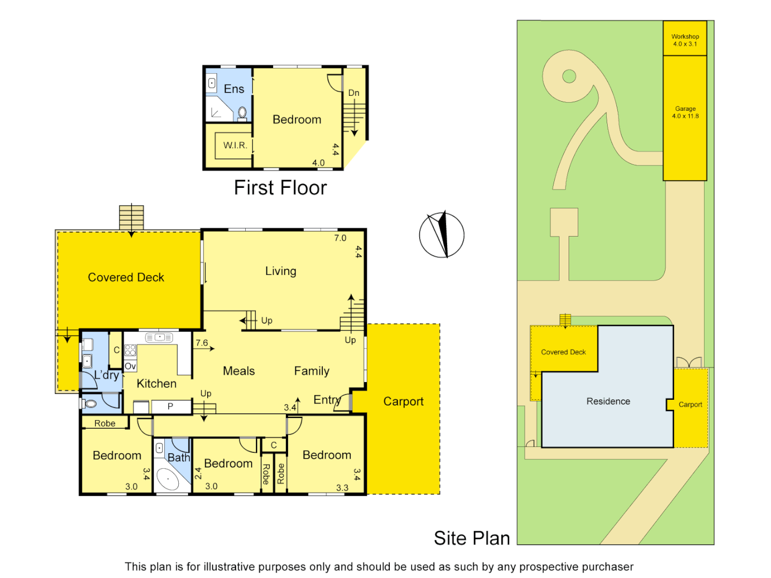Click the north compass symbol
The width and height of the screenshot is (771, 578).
pyautogui.click(x=442, y=235)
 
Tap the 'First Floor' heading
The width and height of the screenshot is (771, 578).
pyautogui.click(x=280, y=188)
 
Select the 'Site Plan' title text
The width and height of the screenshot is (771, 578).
pyautogui.click(x=472, y=538)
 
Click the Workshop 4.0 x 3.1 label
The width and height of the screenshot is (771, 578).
pyautogui.click(x=685, y=40)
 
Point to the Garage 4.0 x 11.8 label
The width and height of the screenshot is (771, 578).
pyautogui.click(x=685, y=112)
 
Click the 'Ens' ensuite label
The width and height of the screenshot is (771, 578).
pyautogui.click(x=234, y=89)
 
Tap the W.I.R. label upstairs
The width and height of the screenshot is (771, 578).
pyautogui.click(x=235, y=146)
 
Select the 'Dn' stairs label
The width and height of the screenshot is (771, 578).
pyautogui.click(x=354, y=93)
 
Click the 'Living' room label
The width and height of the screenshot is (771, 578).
pyautogui.click(x=281, y=271)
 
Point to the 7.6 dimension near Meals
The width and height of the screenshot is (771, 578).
pyautogui.click(x=202, y=343)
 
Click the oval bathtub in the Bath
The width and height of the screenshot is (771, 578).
pyautogui.click(x=169, y=480)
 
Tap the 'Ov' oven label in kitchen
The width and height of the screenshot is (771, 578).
pyautogui.click(x=130, y=367)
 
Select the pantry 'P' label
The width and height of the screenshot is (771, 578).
pyautogui.click(x=170, y=407)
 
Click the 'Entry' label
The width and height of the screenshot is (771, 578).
pyautogui.click(x=327, y=400)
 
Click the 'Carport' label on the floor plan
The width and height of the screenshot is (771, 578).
pyautogui.click(x=403, y=401)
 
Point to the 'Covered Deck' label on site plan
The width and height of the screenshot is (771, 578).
pyautogui.click(x=563, y=352)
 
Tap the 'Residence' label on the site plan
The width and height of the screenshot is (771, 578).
pyautogui.click(x=608, y=401)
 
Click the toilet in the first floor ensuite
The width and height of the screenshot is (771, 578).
pyautogui.click(x=242, y=112)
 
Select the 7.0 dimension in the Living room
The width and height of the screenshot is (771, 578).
pyautogui.click(x=340, y=238)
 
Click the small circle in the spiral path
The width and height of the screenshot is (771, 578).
pyautogui.click(x=569, y=77)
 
